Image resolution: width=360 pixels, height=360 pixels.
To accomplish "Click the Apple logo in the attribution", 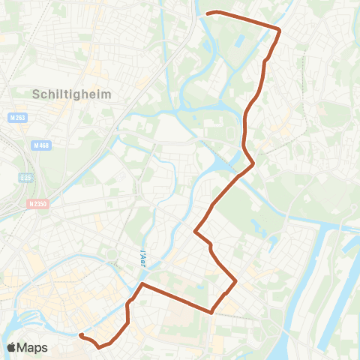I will (x=13, y=347).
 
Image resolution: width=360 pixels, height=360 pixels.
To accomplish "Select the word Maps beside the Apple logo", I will (x=34, y=347).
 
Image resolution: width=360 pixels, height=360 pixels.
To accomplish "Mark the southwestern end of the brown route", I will (x=80, y=335).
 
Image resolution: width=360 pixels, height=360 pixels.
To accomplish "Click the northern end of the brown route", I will (x=208, y=13).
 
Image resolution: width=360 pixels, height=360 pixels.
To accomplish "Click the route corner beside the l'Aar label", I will (x=142, y=285).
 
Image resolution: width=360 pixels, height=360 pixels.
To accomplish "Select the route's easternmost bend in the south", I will (x=237, y=282).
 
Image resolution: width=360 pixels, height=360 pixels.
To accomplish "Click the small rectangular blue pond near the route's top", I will (x=239, y=37).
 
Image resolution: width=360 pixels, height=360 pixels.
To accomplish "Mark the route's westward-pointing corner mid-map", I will (x=196, y=232).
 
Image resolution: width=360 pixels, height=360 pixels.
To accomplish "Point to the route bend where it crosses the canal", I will (x=253, y=162).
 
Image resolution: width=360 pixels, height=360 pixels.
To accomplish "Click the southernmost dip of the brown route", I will (x=99, y=347).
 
